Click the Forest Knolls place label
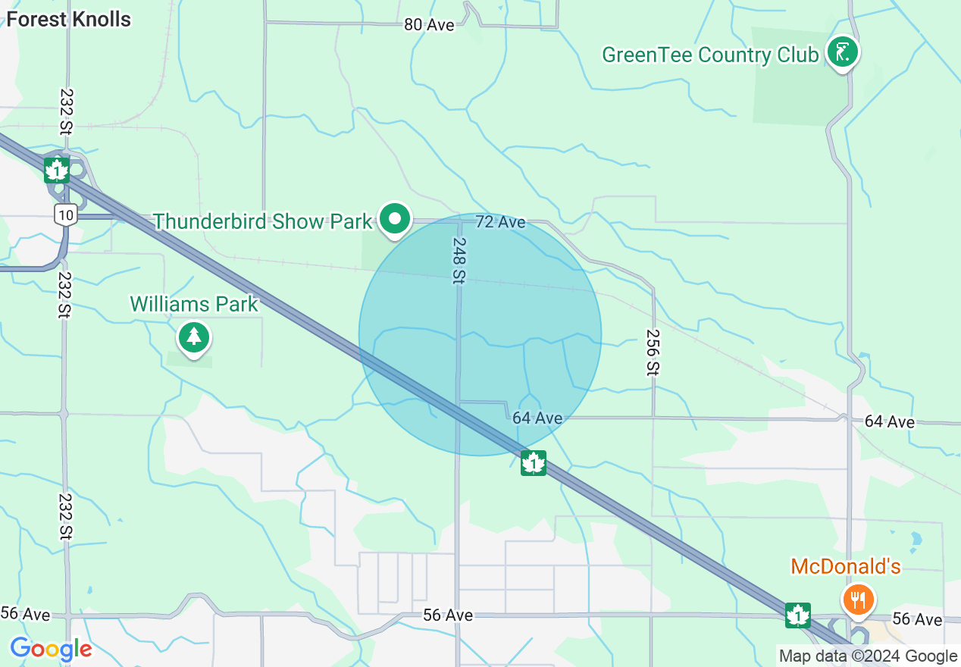click(68, 19)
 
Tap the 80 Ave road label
click(429, 25)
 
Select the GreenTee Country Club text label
click(709, 55)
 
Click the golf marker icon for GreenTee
click(842, 52)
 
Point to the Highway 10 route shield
click(65, 215)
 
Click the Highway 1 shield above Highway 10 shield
click(57, 171)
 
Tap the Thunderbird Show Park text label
click(263, 221)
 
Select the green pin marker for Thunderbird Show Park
click(394, 219)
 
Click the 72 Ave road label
click(500, 222)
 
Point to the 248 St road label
click(459, 261)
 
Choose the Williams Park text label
click(194, 304)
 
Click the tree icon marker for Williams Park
click(194, 337)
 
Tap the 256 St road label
click(653, 352)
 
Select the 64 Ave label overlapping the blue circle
click(537, 418)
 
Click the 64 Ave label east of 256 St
click(890, 421)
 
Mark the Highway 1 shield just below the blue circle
click(534, 462)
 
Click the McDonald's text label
click(845, 566)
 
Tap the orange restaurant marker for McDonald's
click(858, 600)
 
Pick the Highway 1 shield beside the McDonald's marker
click(797, 615)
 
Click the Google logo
click(51, 649)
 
